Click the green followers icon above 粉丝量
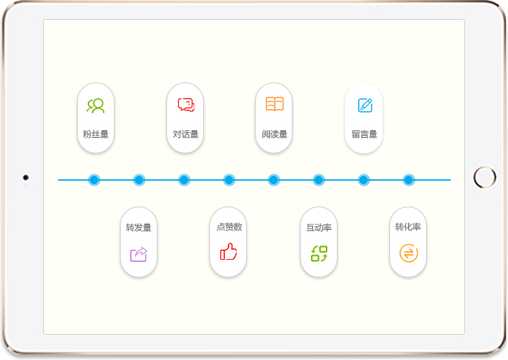coord(95,106)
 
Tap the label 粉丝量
coord(95,134)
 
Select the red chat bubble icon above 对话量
coord(185,105)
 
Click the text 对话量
coord(185,134)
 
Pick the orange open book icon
coord(274,104)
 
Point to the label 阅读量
coord(274,134)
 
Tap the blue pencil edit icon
coord(365,106)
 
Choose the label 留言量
coord(364,134)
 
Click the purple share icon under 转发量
coord(138,254)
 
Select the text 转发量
coord(138,228)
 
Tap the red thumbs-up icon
coord(228,252)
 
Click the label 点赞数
coord(228,228)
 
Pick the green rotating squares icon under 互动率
coord(319,254)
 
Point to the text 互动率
coord(318,228)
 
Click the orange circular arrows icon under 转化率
coord(408,254)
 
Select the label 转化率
coord(408,227)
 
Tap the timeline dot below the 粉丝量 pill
coord(94,180)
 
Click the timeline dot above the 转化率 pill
coord(408,180)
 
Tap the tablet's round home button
coord(485,178)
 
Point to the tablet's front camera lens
coord(26,178)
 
